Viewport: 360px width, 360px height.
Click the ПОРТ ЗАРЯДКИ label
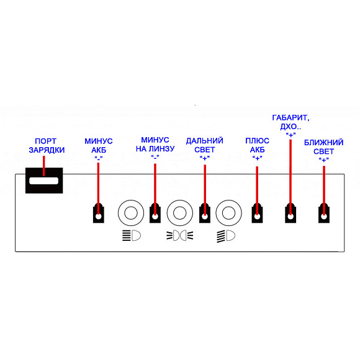tap(47, 146)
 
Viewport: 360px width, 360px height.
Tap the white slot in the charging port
tap(44, 181)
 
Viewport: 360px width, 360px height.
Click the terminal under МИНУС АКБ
tap(99, 214)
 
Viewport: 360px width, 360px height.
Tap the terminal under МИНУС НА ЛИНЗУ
tap(155, 214)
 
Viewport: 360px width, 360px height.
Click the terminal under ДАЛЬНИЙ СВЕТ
tap(205, 214)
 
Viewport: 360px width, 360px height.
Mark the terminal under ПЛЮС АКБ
tap(257, 214)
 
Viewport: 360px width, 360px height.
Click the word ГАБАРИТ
tap(290, 118)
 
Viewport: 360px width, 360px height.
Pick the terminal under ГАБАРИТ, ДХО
tap(290, 214)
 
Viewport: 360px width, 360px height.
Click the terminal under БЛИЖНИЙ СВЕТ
tap(324, 214)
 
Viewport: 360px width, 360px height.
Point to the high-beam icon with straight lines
tap(132, 236)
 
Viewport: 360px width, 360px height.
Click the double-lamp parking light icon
tap(180, 236)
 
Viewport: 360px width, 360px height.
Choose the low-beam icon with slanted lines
tap(226, 236)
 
